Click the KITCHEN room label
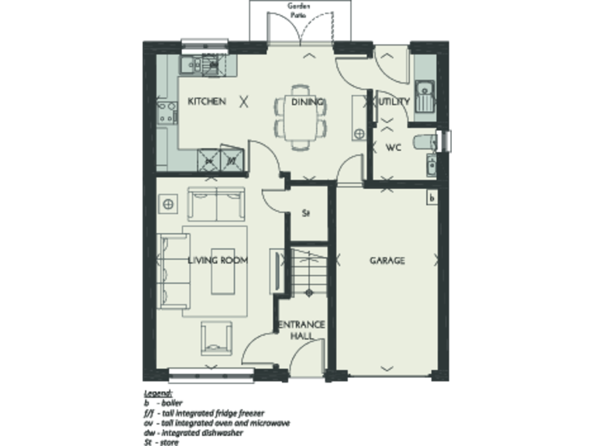[207, 101]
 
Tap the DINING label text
[307, 101]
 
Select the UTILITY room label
[393, 101]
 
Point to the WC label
[393, 147]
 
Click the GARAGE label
[387, 261]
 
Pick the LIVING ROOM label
[218, 261]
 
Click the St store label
[306, 213]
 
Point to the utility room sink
[424, 97]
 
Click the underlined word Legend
[157, 394]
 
